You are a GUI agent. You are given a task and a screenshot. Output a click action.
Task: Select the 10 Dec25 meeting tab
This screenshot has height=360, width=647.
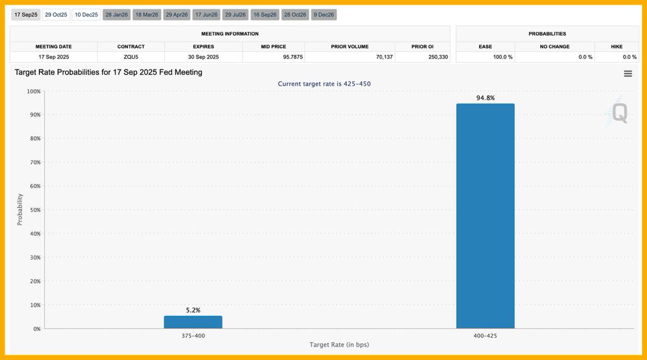(x=86, y=15)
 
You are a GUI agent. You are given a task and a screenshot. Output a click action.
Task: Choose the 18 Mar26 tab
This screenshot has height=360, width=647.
(x=147, y=15)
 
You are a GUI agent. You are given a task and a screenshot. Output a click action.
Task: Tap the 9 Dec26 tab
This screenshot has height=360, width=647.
(x=323, y=15)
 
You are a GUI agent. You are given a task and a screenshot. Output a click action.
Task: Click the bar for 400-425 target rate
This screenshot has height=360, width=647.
(x=485, y=216)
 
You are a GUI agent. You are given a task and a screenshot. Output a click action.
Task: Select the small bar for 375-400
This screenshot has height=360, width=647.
(x=193, y=322)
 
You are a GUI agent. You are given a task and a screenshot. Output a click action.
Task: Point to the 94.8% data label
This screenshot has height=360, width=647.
(x=485, y=98)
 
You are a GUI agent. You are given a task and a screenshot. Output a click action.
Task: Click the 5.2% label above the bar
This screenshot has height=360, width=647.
(x=193, y=310)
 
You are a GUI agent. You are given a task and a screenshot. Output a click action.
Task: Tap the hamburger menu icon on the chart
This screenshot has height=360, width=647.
(x=628, y=74)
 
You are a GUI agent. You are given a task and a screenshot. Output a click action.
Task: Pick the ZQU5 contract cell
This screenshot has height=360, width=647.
(x=130, y=57)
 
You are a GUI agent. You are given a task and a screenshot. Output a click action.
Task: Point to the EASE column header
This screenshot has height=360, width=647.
(x=485, y=47)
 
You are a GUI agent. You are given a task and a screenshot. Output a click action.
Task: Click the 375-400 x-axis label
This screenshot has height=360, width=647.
(x=193, y=335)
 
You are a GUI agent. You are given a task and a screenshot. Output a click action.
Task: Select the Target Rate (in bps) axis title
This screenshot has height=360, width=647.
(x=339, y=344)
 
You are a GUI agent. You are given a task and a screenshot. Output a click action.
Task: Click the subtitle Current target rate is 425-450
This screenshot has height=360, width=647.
(x=324, y=84)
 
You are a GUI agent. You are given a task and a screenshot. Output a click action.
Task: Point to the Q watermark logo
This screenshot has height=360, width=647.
(x=617, y=112)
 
